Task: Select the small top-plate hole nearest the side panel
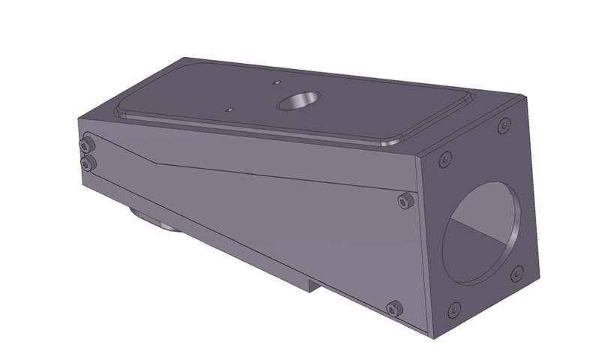click(229, 109)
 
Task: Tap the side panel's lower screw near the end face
click(394, 307)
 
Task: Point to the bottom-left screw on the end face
click(453, 309)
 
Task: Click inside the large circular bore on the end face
click(480, 232)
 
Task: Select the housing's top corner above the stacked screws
click(78, 119)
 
